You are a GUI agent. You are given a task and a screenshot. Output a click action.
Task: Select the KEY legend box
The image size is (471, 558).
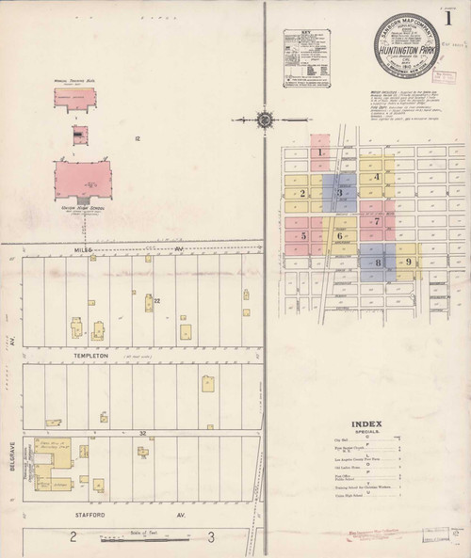pyautogui.click(x=310, y=57)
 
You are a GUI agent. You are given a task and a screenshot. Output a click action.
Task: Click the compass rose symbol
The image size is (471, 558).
pyautogui.click(x=265, y=120)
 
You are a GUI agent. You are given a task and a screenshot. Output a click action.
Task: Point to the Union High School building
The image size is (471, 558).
pyautogui.click(x=82, y=179)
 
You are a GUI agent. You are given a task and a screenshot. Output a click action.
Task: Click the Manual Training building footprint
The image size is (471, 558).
pyautogui.click(x=74, y=99)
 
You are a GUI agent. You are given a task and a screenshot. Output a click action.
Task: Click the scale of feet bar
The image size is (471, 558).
pyautogui.click(x=141, y=540)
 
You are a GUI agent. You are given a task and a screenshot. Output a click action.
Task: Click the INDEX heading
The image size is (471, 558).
pyautogui.click(x=366, y=423)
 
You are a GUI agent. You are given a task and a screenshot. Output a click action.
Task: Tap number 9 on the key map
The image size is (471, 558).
pyautogui.click(x=408, y=262)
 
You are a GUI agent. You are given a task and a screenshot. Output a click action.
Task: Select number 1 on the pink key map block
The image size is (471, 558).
pyautogui.click(x=320, y=151)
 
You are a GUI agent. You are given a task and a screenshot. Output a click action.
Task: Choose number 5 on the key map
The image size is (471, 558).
pyautogui.click(x=303, y=235)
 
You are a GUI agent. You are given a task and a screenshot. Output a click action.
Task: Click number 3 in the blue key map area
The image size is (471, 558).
pyautogui.click(x=339, y=193)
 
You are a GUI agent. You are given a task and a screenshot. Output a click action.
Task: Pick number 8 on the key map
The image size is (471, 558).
pyautogui.click(x=377, y=263)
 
